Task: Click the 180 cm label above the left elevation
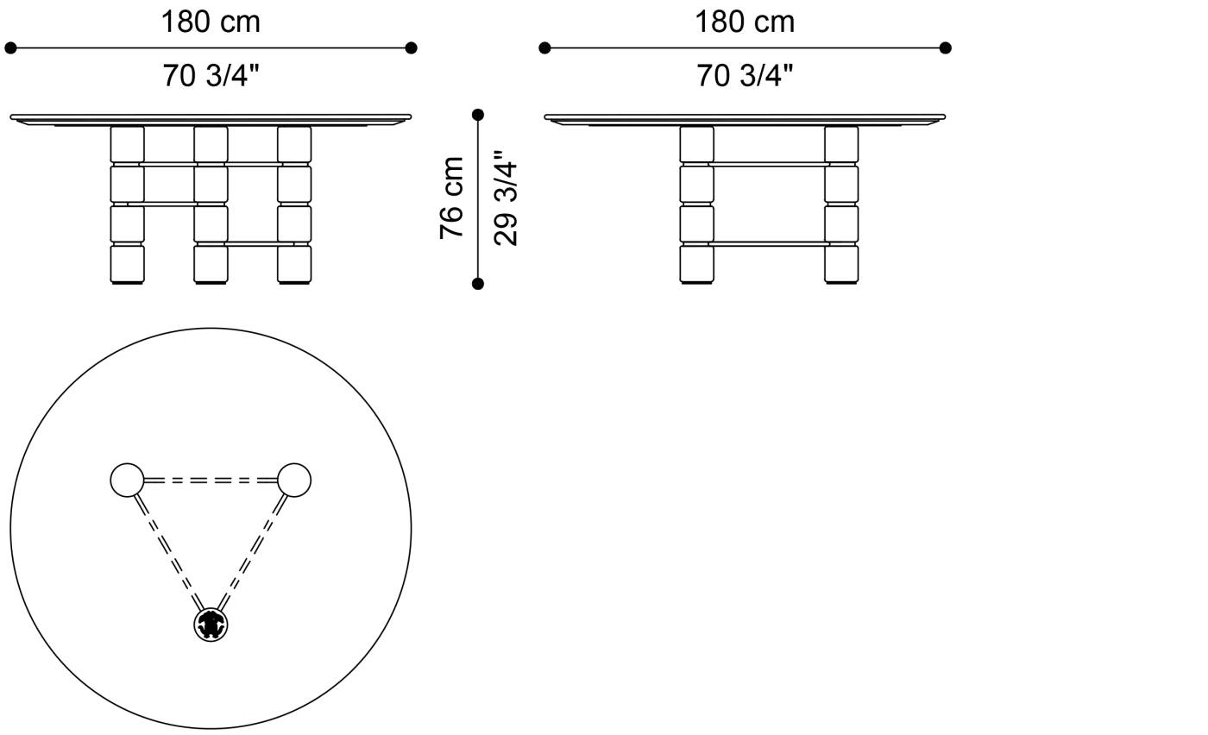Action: (x=211, y=22)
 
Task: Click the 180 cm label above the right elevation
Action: (x=745, y=22)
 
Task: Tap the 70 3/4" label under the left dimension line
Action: (x=211, y=75)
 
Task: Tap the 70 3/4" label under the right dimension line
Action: (x=746, y=75)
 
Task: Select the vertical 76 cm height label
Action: (x=451, y=198)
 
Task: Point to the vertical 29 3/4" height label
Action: (x=506, y=198)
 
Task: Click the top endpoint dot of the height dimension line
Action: (x=478, y=115)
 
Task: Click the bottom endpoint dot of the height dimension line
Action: (x=478, y=284)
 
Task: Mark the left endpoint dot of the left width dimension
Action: (x=10, y=48)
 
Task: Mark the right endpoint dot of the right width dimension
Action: (x=946, y=48)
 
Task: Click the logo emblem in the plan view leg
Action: (x=211, y=625)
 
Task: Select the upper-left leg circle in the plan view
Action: (x=128, y=480)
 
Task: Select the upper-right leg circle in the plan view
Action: (x=294, y=480)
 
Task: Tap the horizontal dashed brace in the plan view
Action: (x=211, y=480)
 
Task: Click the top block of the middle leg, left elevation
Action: (x=211, y=145)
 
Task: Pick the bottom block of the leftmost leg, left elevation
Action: (x=128, y=264)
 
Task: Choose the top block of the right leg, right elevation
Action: (x=841, y=145)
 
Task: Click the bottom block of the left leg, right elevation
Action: (x=697, y=264)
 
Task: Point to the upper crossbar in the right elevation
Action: (x=769, y=164)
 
